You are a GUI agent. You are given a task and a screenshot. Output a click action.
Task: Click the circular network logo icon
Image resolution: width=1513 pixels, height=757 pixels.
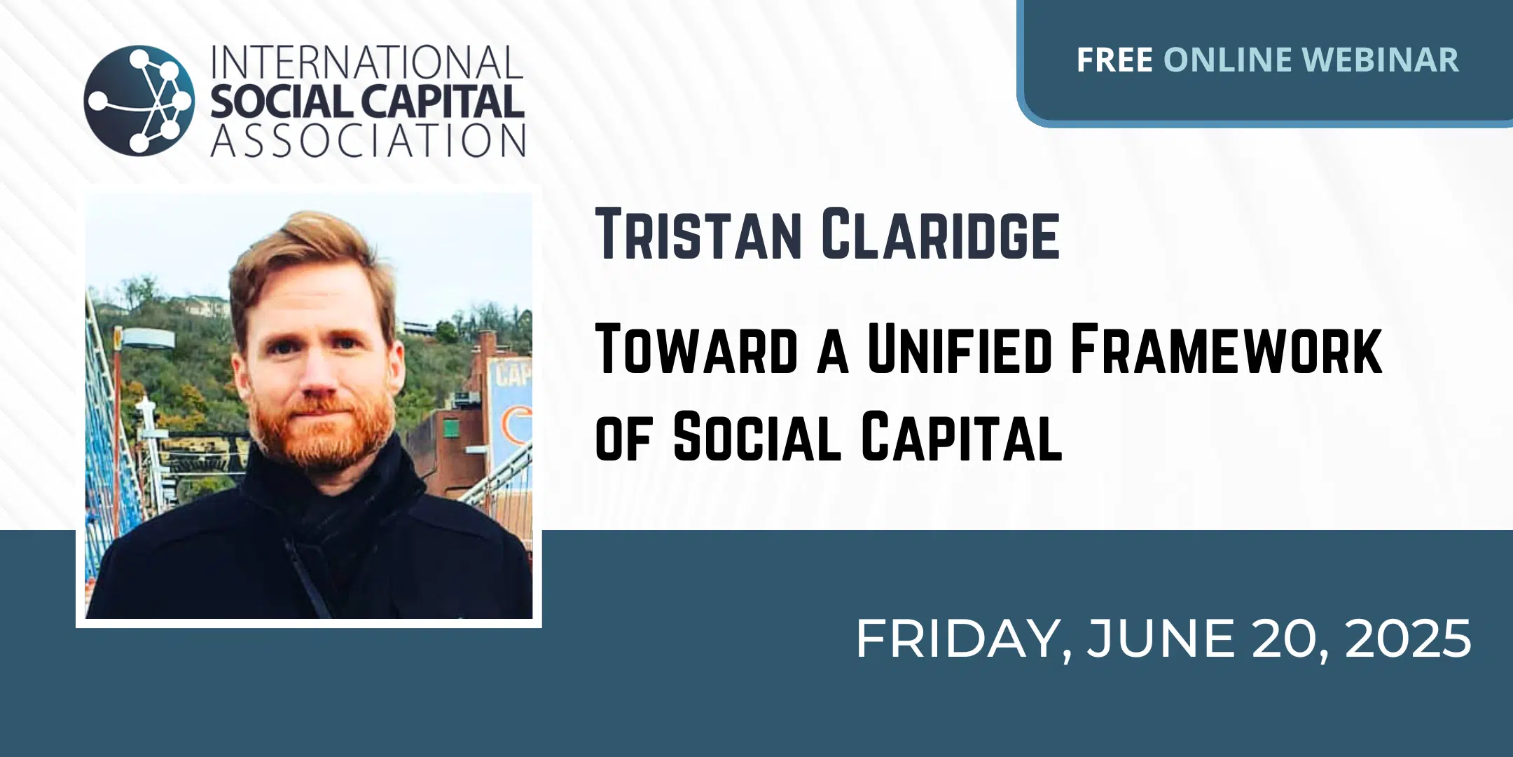coord(139,100)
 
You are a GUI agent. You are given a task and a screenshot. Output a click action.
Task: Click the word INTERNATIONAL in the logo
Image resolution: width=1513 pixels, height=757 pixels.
coord(367,63)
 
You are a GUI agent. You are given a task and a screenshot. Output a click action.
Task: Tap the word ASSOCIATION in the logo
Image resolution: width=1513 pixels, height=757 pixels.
coord(368,140)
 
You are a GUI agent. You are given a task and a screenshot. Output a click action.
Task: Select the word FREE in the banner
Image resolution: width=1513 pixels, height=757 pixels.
coord(1114,60)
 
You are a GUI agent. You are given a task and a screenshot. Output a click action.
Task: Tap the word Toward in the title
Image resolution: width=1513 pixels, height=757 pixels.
coord(697,348)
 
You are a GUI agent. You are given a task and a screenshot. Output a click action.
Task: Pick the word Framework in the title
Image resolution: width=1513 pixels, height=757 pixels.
coord(1227,348)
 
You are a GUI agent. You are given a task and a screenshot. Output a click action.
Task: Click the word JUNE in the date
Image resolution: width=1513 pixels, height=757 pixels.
coord(1161,639)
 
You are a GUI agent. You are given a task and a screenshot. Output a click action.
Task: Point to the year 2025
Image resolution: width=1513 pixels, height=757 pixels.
coord(1408,639)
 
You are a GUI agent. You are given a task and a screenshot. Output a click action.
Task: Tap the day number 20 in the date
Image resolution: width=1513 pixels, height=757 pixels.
coord(1289,639)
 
